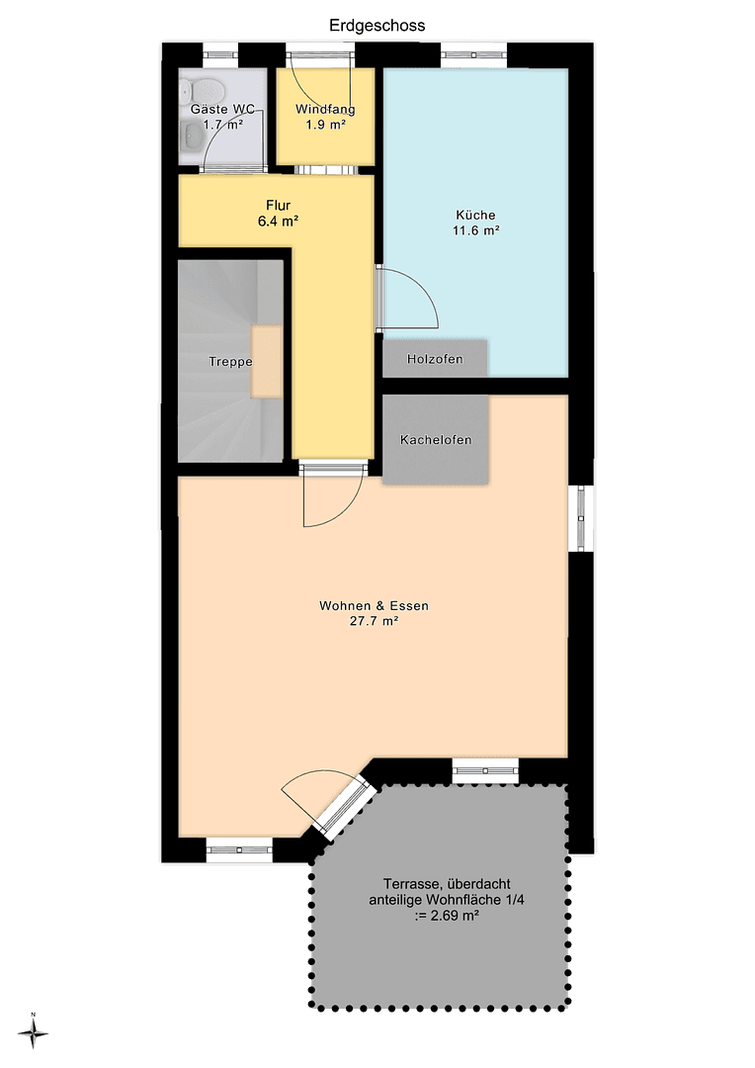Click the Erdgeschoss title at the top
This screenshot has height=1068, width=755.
(377, 26)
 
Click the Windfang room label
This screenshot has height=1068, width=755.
(325, 110)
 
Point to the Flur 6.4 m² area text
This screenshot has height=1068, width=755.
(278, 222)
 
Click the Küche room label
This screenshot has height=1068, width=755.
(475, 215)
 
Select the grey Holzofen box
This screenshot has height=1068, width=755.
(435, 358)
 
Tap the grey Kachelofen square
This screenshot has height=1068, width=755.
(435, 440)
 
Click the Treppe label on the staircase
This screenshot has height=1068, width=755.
(230, 362)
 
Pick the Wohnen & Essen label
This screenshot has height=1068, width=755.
(374, 606)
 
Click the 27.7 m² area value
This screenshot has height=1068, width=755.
(374, 622)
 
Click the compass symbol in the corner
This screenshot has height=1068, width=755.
(34, 1033)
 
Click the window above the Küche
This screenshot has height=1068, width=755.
(473, 54)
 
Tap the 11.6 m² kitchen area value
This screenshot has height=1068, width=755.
(475, 230)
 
